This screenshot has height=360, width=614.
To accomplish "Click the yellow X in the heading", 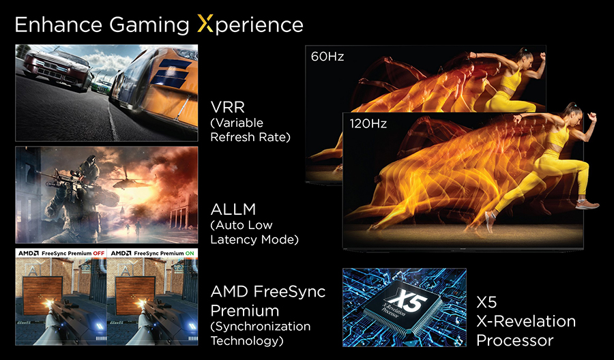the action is tap(205, 25).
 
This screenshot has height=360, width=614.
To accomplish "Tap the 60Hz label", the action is tap(327, 57).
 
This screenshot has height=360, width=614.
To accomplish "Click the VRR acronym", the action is tap(227, 107).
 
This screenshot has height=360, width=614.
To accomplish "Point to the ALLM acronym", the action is tap(233, 209).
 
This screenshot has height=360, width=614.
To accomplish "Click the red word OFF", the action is tap(99, 253).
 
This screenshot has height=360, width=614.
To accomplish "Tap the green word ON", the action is tap(190, 253).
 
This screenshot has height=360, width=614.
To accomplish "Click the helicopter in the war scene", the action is tap(128, 181).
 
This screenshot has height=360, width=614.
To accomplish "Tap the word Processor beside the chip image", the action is tap(515, 340).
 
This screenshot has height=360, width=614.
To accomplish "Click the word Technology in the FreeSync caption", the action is tap(247, 340).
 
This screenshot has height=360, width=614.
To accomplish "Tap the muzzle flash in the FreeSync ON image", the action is tap(139, 303).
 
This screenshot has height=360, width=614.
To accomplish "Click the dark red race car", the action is tap(57, 69).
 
